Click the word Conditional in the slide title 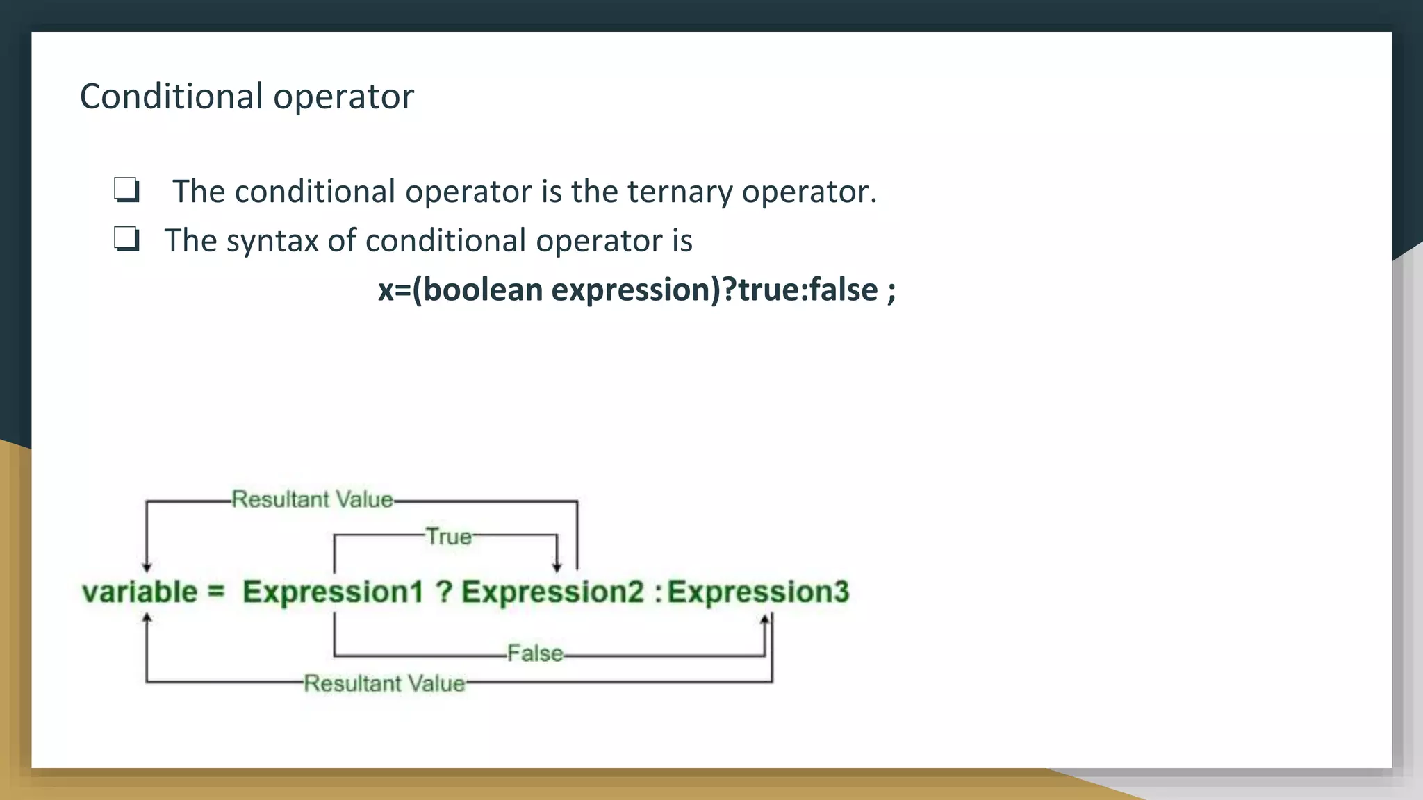pos(171,97)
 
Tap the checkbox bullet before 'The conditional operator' pos(127,190)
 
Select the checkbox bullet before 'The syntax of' pos(127,240)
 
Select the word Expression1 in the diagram pos(332,592)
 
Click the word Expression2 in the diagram pos(552,592)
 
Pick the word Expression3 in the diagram pos(758,592)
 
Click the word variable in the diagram pos(140,592)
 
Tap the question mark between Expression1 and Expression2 pos(444,592)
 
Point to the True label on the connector pos(448,537)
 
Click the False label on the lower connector pos(534,653)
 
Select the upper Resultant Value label pos(312,499)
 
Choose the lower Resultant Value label pos(384,683)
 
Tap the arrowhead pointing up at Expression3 pos(764,619)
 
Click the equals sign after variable pos(216,592)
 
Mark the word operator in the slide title pos(343,97)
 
